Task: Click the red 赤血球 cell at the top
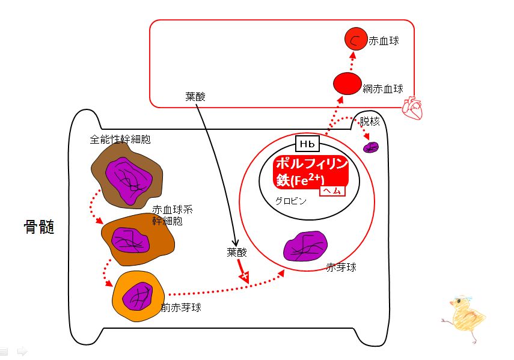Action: click(356, 39)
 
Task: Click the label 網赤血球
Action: click(383, 89)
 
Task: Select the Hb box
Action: click(307, 144)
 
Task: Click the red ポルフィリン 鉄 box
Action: click(310, 172)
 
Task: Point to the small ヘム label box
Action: click(332, 191)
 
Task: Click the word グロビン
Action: click(291, 201)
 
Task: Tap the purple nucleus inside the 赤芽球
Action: click(305, 246)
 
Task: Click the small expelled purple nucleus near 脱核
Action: click(371, 147)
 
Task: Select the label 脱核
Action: click(370, 121)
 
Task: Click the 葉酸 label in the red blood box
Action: click(195, 97)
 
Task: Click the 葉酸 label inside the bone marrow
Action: click(237, 252)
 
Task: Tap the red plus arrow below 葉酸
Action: click(243, 271)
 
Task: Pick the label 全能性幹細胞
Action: click(120, 139)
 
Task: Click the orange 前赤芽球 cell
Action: click(138, 296)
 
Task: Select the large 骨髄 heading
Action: click(39, 227)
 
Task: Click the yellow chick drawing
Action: click(464, 318)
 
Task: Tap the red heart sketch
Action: click(412, 108)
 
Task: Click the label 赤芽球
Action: click(341, 267)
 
